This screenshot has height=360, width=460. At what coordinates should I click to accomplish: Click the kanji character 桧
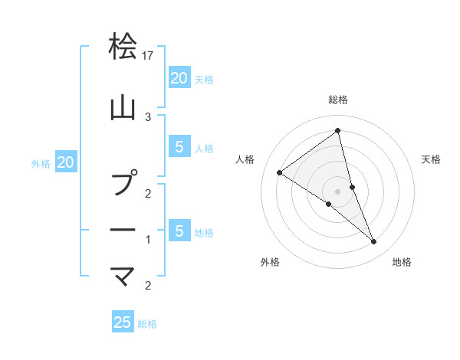[x=123, y=47]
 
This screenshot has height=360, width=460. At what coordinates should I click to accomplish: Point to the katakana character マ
[x=123, y=274]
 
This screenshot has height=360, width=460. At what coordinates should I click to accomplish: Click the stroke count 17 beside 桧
[x=149, y=56]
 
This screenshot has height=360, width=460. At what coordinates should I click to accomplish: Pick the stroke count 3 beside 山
[x=148, y=116]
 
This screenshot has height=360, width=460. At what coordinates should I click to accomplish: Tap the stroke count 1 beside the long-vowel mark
[x=148, y=240]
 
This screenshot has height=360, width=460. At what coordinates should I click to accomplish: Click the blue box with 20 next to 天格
[x=179, y=78]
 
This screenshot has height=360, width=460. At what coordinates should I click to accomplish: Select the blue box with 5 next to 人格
[x=179, y=147]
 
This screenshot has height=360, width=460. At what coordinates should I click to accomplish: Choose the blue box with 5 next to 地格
[x=179, y=231]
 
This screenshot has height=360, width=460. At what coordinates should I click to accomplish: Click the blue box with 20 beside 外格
[x=66, y=162]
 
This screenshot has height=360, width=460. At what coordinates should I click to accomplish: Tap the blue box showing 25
[x=123, y=322]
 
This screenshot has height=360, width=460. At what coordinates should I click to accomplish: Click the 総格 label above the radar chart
[x=338, y=100]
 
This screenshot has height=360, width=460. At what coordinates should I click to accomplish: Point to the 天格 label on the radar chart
[x=431, y=159]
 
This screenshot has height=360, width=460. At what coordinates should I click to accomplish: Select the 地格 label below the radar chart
[x=402, y=262]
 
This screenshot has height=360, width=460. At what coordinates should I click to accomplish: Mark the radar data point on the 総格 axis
[x=338, y=131]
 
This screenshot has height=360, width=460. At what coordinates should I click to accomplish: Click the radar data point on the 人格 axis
[x=279, y=172]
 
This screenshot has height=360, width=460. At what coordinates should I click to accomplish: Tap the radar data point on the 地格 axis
[x=374, y=241]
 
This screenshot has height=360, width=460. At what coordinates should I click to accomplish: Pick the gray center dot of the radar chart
[x=338, y=191]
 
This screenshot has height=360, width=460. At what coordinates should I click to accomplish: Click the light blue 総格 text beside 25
[x=147, y=324]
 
